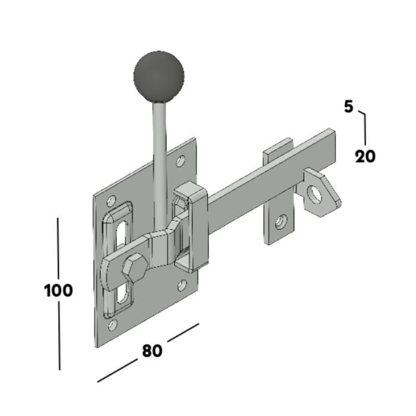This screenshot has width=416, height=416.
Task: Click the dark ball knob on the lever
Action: point(159,77)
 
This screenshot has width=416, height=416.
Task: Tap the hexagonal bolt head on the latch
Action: point(134,267)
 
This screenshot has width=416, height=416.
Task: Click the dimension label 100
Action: point(58,290)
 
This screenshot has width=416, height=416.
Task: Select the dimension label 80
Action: point(152,351)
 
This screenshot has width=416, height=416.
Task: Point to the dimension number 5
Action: point(349,106)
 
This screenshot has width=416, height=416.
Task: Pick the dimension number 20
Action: point(365,156)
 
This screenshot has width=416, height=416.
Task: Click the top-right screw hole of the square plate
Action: point(181,161)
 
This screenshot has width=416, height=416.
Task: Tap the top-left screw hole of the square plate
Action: point(111,201)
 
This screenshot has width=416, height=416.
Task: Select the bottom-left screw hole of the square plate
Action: point(113,325)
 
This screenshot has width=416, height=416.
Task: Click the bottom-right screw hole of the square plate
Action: point(182,285)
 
